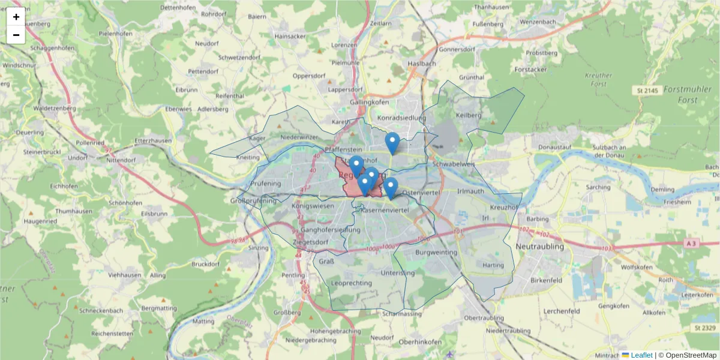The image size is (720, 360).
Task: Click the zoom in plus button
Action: [16, 17]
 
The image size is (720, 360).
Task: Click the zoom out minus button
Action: [16, 35]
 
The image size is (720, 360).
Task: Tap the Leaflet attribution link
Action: [641, 355]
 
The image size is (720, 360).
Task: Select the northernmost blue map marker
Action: [392, 143]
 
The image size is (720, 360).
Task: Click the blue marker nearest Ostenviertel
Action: [391, 188]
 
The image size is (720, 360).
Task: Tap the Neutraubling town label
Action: [540, 247]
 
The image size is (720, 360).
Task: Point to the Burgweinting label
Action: [436, 253]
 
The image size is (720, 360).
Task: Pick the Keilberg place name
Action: [469, 115]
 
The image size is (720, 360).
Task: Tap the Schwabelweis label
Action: [453, 163]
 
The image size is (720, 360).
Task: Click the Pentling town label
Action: [293, 275]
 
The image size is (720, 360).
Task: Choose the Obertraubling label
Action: [484, 317]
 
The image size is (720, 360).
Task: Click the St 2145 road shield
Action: [647, 90]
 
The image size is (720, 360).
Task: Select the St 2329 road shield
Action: [705, 328]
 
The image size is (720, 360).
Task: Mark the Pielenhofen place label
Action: [115, 50]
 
